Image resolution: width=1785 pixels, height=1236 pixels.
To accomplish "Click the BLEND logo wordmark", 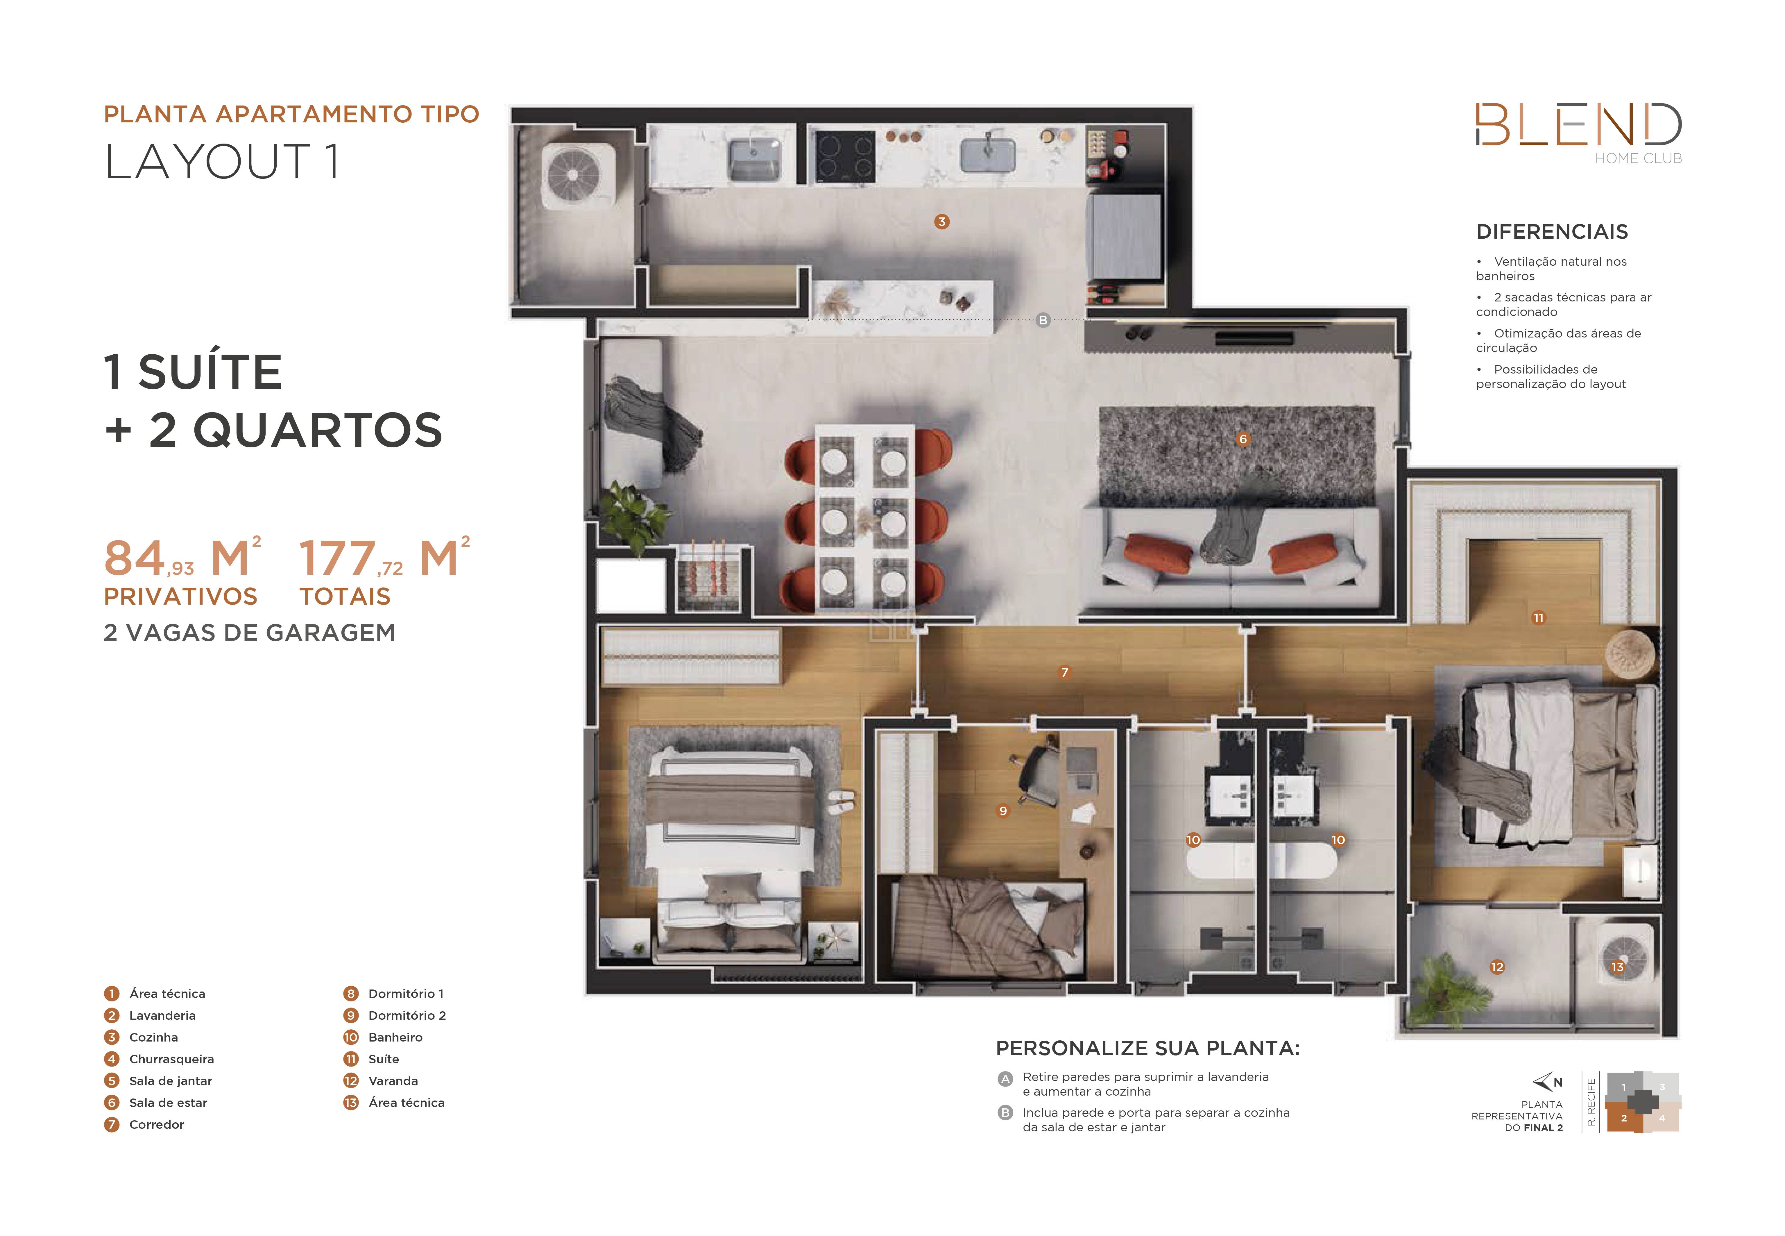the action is [x=1578, y=125].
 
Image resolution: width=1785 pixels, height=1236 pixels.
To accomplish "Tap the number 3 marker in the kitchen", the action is [x=941, y=222].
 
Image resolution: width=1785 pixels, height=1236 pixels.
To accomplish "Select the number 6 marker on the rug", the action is [x=1242, y=439].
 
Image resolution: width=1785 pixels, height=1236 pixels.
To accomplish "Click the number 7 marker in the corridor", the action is [x=1064, y=672].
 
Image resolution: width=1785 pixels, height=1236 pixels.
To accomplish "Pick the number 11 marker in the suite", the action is [x=1538, y=618].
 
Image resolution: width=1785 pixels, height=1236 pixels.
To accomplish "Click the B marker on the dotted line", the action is [x=1043, y=320].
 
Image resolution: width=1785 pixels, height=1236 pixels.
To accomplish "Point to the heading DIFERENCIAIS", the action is [x=1552, y=232].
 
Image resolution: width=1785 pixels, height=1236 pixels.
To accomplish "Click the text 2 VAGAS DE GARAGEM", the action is [x=249, y=633].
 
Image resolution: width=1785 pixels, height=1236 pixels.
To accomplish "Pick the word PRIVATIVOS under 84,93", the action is [x=180, y=596].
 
